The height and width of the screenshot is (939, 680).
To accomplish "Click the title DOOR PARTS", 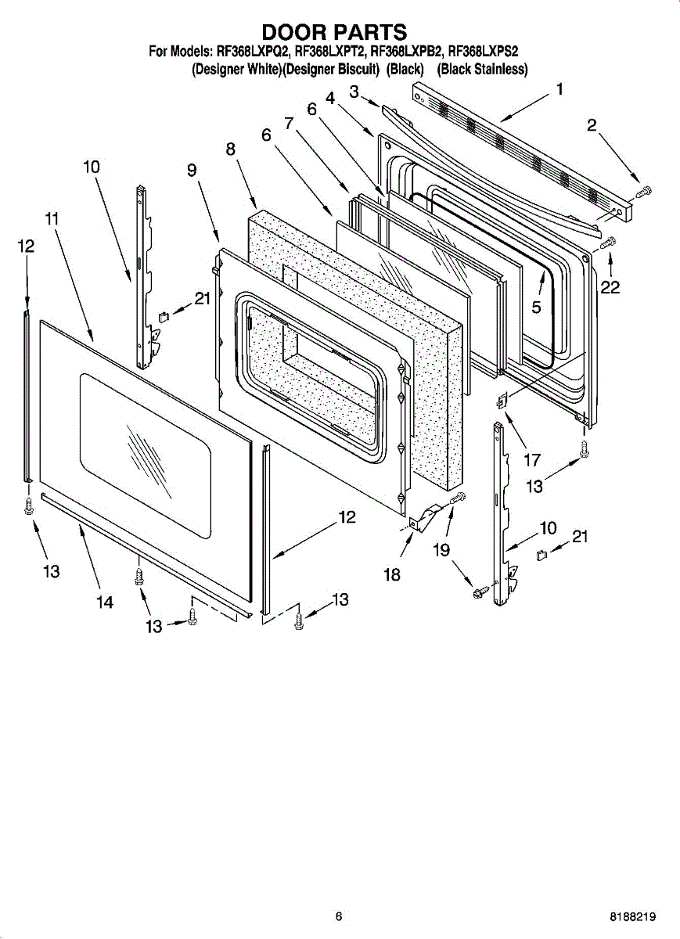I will (334, 32).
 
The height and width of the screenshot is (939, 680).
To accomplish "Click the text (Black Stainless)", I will (482, 69).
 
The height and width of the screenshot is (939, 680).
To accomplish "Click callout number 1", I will (559, 89).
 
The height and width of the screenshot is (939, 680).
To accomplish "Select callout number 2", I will (592, 124).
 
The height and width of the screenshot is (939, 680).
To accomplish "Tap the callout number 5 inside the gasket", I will (536, 308).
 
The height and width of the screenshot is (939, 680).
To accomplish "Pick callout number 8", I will (232, 149).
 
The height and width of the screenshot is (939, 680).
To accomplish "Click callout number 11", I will (52, 218).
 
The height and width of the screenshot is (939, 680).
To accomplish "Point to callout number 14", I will (104, 602).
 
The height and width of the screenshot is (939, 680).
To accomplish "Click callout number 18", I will (392, 575).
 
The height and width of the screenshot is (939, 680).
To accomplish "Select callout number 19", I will (442, 550).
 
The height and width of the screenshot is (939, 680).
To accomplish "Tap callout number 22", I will (610, 287).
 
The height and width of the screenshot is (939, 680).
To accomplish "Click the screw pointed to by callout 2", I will (645, 191).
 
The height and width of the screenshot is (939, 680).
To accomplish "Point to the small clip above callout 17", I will (502, 401).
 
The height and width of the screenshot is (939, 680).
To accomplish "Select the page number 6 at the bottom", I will (339, 916).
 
